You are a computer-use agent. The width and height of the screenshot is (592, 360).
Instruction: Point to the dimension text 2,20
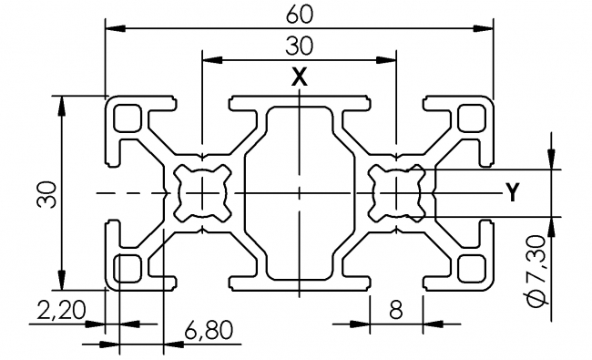pos(61,310)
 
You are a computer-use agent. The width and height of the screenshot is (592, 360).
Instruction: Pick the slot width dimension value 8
pos(396,310)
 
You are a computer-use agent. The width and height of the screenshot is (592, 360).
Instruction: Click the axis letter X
pos(300,78)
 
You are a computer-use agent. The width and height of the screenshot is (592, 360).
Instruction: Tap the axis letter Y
pos(514,192)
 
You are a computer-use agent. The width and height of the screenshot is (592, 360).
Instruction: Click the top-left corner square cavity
pos(128,118)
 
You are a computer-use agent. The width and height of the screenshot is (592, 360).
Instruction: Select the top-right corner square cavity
pos(470,118)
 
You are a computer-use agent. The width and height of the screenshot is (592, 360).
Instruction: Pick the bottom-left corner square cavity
pos(128,267)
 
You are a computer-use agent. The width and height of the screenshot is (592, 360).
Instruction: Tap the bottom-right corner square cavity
pos(470,267)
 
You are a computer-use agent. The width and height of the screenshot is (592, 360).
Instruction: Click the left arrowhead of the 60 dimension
pos(111,27)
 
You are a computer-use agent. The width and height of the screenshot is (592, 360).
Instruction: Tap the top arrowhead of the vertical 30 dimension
pos(62,100)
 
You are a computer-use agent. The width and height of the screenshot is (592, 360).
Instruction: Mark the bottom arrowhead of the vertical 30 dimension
pos(62,284)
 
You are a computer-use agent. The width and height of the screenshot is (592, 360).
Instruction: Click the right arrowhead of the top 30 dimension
pos(392,60)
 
